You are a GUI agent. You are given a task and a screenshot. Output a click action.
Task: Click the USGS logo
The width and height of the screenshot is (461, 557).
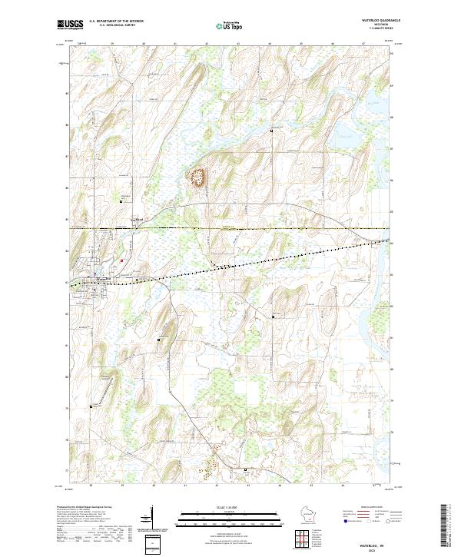pyautogui.click(x=71, y=25)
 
